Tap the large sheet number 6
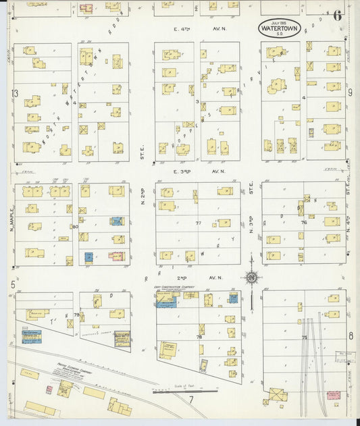(336, 16)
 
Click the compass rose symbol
(251, 277)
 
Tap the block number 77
(199, 223)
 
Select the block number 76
(304, 222)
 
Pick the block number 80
(75, 227)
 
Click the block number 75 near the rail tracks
(304, 338)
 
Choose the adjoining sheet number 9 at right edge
(351, 92)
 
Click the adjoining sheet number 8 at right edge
(351, 336)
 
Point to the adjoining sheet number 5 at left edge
(13, 286)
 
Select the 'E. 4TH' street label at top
(182, 29)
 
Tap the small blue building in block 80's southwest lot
(88, 257)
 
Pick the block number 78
(199, 336)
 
